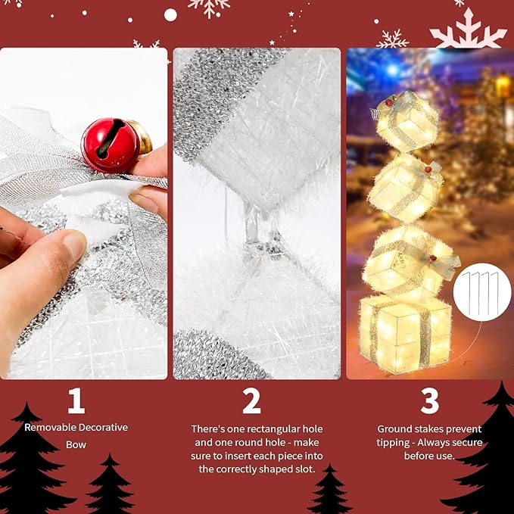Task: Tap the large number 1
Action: pos(76,402)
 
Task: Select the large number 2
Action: pos(251,402)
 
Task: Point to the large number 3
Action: pos(429,402)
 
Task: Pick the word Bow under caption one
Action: pos(76,445)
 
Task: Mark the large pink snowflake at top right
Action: pos(468,32)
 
